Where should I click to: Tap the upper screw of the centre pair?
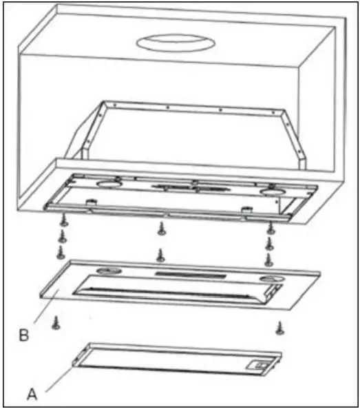point(161,227)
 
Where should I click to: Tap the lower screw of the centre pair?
point(161,255)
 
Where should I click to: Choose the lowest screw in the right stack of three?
point(267,259)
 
